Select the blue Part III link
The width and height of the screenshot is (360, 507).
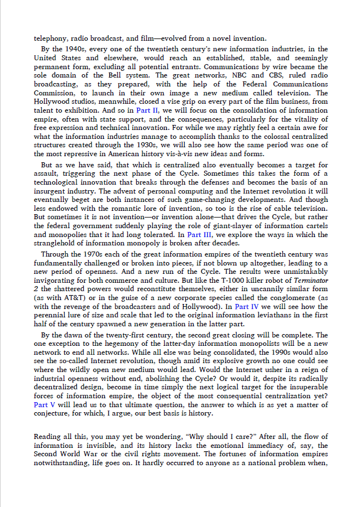199,235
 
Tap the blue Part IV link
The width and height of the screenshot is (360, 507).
247,306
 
